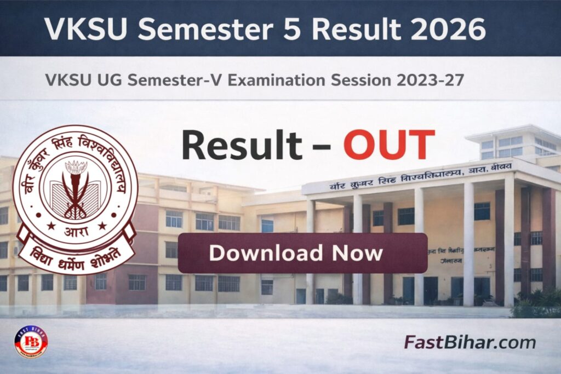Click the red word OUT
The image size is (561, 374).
click(x=388, y=146)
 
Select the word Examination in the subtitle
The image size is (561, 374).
click(x=276, y=80)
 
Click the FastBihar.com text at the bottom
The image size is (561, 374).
click(x=470, y=343)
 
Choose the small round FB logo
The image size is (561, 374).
click(x=31, y=342)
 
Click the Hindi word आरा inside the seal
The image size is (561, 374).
click(x=75, y=225)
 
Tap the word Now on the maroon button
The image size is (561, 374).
click(x=357, y=253)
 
